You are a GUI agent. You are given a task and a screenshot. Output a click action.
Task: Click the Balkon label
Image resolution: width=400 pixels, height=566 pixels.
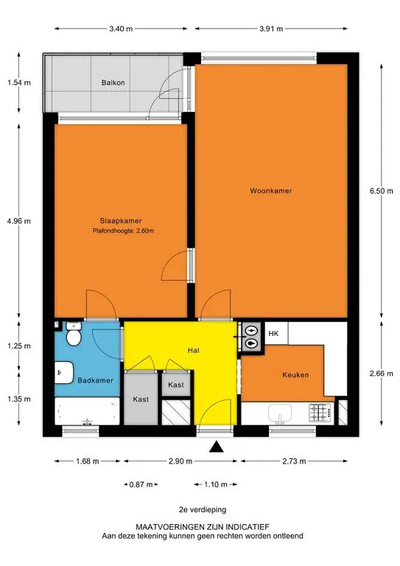[x=113, y=83]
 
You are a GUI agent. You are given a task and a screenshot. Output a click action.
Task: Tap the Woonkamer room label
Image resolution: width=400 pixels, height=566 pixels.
[x=271, y=191]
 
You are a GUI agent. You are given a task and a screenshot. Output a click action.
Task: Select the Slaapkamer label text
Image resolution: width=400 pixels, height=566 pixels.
[x=121, y=221]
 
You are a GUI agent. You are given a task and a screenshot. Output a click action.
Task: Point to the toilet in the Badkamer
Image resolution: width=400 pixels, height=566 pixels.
[x=74, y=334]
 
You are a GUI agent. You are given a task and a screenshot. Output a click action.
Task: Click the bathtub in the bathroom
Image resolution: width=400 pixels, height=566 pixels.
[x=87, y=411]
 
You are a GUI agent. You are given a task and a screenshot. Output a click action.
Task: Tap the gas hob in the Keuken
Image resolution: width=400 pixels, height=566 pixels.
[x=320, y=413]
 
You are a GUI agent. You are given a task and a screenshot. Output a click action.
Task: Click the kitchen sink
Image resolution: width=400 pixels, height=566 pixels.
[x=280, y=413]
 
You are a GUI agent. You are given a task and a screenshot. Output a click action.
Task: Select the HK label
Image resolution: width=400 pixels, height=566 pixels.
[x=273, y=334]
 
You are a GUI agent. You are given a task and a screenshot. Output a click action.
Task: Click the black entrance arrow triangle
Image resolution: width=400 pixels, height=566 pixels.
[x=217, y=447]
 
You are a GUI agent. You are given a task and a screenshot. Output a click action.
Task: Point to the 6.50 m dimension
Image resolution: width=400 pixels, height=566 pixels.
[x=382, y=191]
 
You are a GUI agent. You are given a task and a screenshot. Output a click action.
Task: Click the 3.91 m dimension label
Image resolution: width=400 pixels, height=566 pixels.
[x=271, y=29]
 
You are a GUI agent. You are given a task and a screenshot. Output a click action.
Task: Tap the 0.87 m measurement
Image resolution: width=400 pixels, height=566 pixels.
[x=141, y=484]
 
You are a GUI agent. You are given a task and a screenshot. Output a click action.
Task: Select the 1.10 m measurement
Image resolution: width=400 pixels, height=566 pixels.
[x=216, y=484]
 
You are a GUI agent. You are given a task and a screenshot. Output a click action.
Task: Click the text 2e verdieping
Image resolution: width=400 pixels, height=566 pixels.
[x=203, y=510]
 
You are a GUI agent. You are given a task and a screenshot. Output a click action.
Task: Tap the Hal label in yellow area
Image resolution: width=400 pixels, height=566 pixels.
[x=193, y=351]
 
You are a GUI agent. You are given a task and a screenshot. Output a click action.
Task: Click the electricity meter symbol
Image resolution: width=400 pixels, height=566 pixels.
[x=251, y=330]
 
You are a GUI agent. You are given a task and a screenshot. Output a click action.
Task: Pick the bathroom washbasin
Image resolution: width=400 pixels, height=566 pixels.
[x=64, y=372]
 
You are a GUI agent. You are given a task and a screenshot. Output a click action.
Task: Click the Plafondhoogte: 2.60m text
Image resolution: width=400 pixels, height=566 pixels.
[x=123, y=231]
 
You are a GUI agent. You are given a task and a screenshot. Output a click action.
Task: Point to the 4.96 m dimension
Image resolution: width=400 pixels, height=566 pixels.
[x=18, y=221]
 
